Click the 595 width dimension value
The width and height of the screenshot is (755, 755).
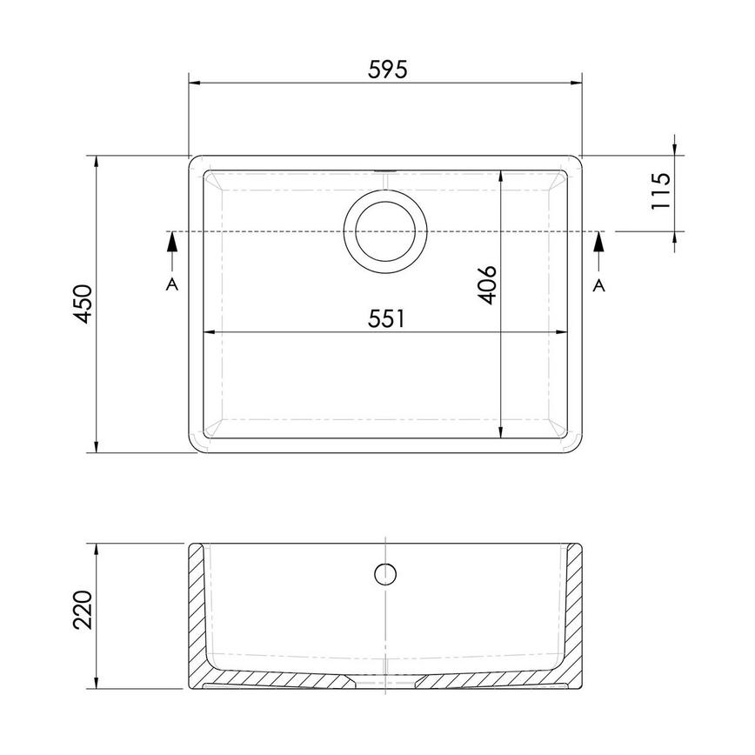pos(385,70)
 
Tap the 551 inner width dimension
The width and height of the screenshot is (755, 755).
pos(385,319)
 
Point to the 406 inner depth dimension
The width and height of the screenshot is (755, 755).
pos(488,284)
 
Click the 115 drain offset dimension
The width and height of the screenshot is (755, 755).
pos(661,191)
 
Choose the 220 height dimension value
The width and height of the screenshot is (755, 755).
pos(83,612)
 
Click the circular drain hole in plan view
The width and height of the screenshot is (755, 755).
pos(385,231)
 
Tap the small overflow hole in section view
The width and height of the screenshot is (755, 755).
pos(385,573)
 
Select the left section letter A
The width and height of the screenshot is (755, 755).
pos(172,285)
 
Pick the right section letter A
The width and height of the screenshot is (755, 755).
pos(598,285)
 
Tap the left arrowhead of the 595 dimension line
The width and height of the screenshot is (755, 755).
pos(197,84)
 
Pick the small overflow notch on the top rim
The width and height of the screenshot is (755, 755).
pos(385,168)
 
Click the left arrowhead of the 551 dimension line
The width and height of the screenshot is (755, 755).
pos(210,332)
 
